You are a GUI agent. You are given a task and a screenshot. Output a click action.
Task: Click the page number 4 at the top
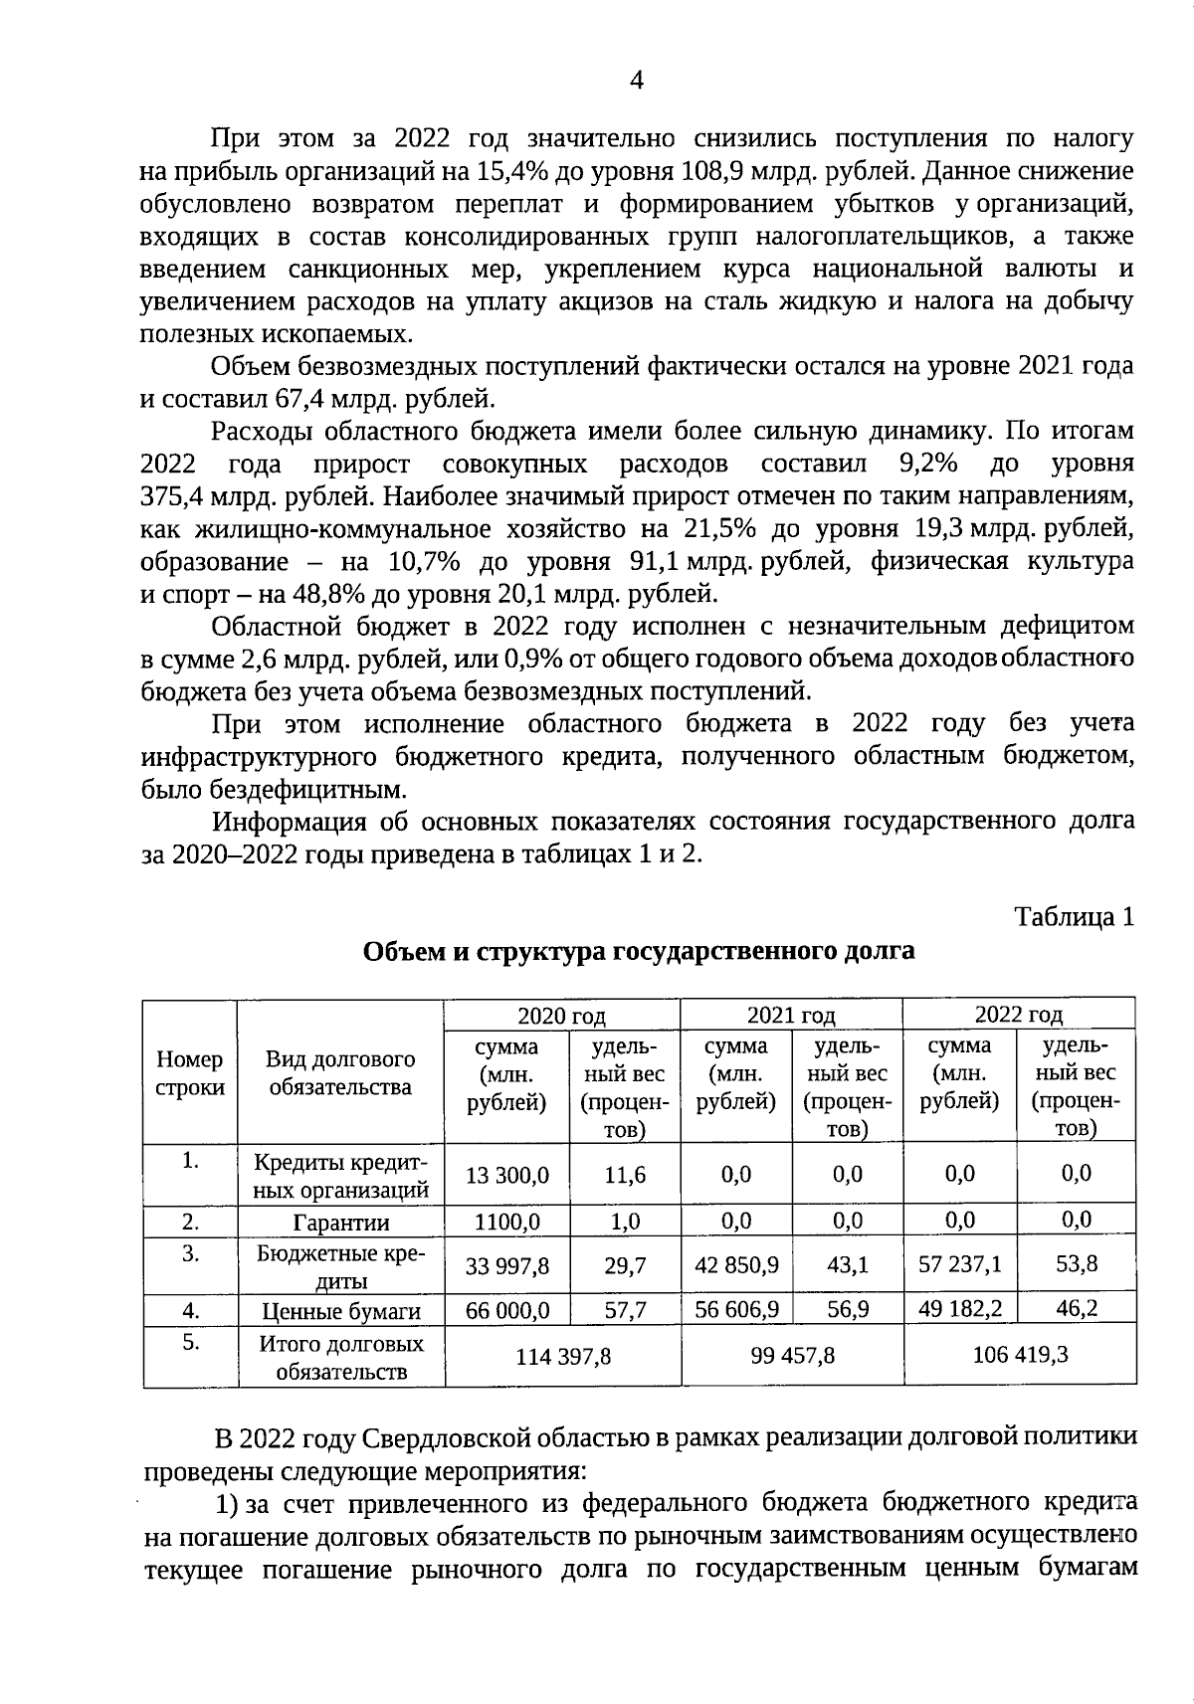coord(637,81)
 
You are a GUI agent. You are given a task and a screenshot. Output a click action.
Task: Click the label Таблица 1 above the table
coord(1074,916)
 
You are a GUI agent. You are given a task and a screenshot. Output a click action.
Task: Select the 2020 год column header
coord(561,1016)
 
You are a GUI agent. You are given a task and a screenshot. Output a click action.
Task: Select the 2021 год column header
coord(790,1016)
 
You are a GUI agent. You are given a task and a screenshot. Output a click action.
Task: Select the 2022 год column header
coord(1018,1015)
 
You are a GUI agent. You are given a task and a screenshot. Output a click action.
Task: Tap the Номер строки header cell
coord(190,1073)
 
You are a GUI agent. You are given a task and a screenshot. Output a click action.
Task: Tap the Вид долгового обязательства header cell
coord(340,1073)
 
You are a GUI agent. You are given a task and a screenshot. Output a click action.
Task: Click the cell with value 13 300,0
coord(507,1176)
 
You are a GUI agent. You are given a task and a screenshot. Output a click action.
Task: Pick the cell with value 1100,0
coord(507,1222)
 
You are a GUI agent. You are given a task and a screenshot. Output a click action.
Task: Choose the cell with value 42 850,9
coord(736,1265)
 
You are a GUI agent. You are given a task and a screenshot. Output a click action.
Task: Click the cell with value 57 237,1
coord(960,1264)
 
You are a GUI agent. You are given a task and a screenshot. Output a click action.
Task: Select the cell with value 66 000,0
coord(507,1311)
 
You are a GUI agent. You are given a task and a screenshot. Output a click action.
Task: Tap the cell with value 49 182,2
coord(960,1309)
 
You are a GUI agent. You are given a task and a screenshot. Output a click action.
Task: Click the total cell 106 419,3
coord(1019,1354)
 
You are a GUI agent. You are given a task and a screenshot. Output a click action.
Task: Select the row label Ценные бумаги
coord(340,1312)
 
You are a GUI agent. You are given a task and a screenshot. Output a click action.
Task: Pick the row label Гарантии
coord(340,1223)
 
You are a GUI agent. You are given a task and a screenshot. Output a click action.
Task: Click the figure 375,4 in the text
coord(170,497)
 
